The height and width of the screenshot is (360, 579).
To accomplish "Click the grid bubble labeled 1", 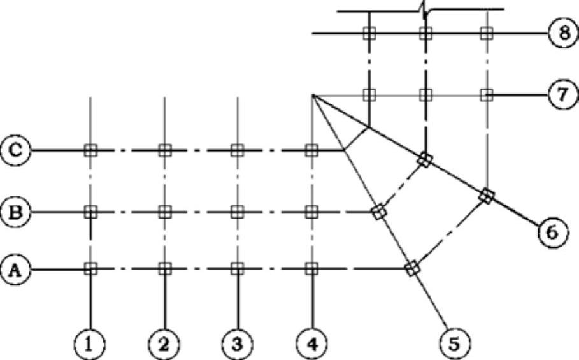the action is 90,345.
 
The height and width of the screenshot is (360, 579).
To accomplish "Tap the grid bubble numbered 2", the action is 164,345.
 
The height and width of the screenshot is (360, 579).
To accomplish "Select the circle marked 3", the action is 237,345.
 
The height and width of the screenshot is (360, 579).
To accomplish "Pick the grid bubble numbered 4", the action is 311,345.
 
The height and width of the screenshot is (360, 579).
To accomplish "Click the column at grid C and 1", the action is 90,150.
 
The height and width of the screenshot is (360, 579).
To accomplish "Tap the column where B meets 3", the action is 237,210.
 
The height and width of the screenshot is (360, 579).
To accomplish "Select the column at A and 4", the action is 311,269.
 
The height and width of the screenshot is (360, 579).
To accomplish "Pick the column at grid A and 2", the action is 164,269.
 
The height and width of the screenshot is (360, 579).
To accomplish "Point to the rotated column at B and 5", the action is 379,212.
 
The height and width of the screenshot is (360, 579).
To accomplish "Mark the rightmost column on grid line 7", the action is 487,95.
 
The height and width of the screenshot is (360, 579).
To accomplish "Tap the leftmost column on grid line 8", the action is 368,33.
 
